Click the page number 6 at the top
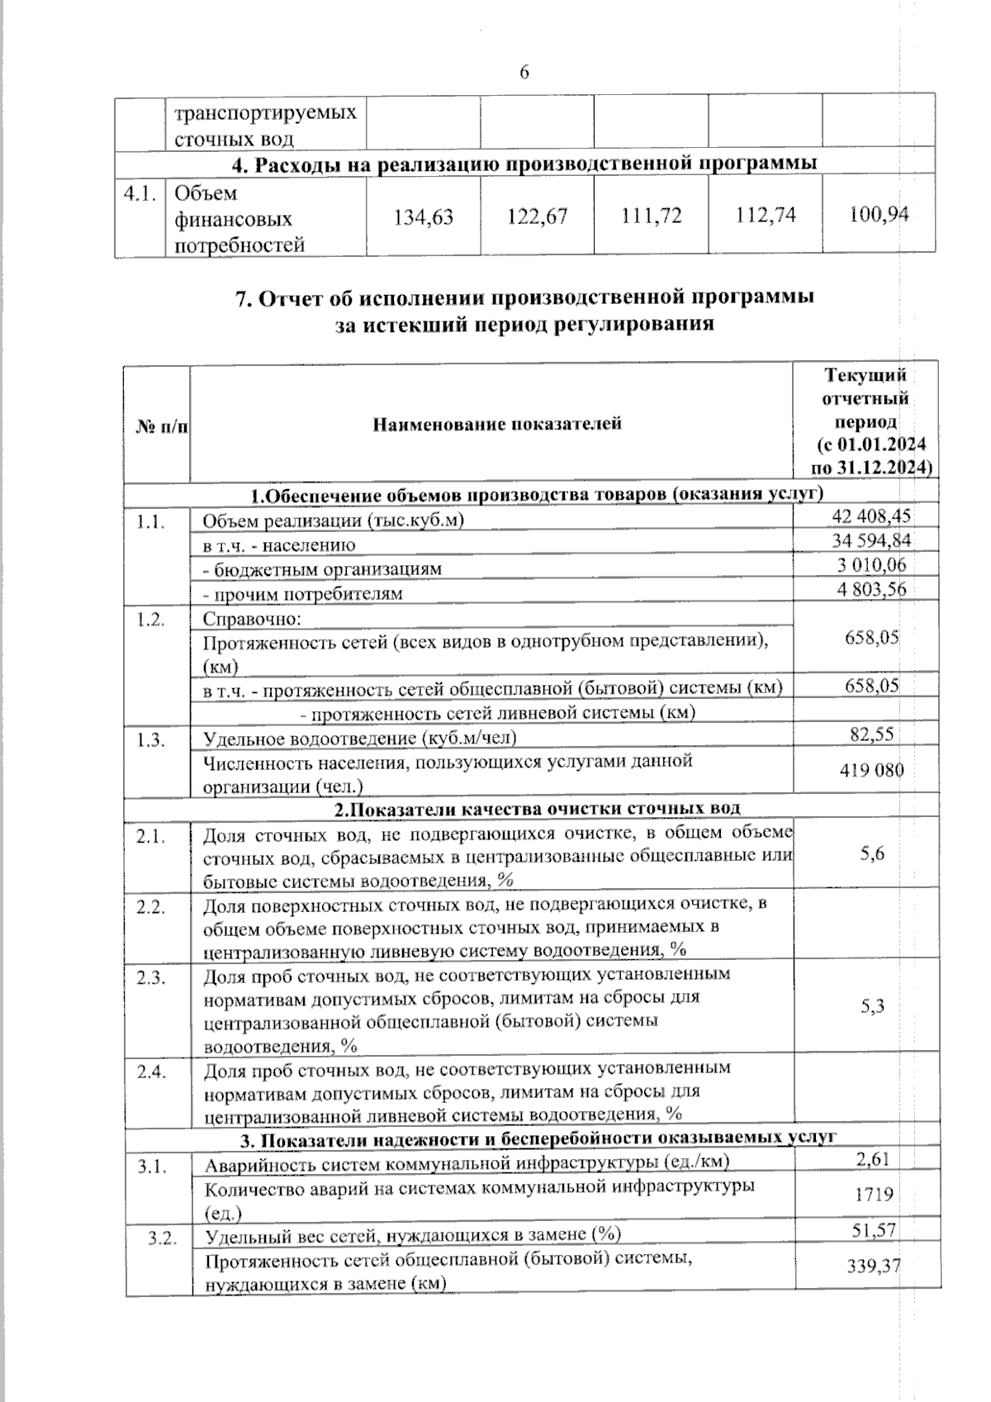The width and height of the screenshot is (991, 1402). [524, 73]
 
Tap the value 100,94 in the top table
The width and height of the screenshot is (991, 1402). [879, 215]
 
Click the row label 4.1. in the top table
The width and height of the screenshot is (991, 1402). [140, 193]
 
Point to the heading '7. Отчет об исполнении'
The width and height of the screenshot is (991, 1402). [524, 297]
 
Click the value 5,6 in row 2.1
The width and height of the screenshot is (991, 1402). [872, 853]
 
